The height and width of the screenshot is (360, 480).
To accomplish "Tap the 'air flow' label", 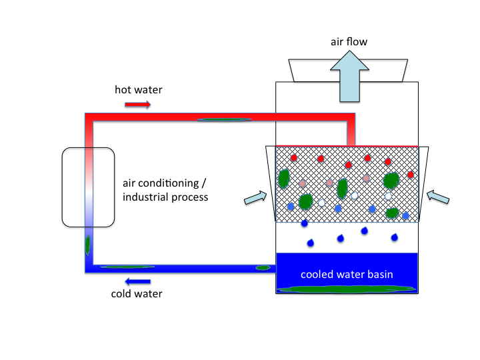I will click(349, 42).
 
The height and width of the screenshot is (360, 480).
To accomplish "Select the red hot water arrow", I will click(138, 104).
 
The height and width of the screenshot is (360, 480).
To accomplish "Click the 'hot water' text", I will click(138, 89).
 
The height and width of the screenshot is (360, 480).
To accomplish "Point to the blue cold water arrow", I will click(138, 281).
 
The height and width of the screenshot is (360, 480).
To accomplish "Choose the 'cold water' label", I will click(136, 293).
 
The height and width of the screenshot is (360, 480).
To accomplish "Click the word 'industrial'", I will click(145, 197).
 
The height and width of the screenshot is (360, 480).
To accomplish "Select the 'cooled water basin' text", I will click(346, 274).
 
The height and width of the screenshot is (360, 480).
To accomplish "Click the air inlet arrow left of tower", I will click(254, 197).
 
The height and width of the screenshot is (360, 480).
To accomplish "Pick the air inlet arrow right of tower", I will click(439, 196).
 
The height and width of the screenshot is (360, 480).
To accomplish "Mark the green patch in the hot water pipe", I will click(224, 120).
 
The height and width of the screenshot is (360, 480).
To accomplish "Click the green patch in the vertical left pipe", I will click(87, 245).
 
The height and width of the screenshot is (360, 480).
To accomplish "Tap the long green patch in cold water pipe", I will click(127, 267).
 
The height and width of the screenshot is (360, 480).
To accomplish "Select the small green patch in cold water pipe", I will click(263, 268).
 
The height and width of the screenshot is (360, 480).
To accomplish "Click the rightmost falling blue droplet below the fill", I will click(395, 237).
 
